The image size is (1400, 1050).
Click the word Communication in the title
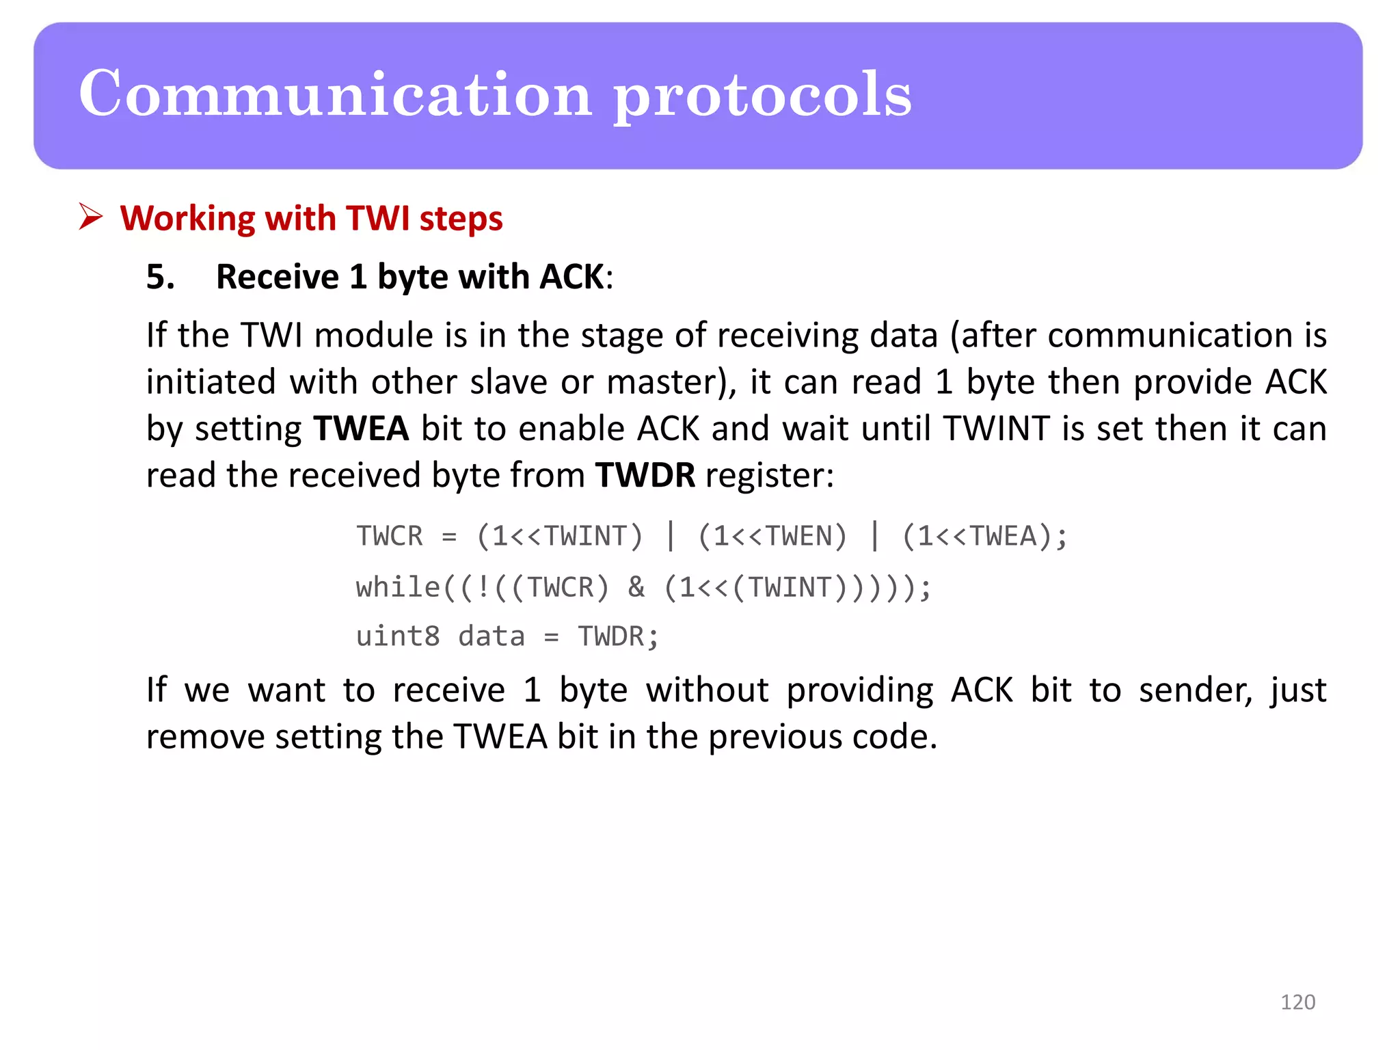(x=335, y=94)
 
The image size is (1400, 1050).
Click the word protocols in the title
(x=762, y=96)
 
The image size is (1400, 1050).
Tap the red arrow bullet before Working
(x=90, y=217)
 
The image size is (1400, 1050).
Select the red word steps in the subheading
(x=461, y=219)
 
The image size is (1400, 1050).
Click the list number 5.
(x=160, y=278)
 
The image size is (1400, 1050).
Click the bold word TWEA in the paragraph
(x=360, y=429)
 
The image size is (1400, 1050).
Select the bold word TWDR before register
(x=645, y=475)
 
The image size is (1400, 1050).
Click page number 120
(x=1297, y=1002)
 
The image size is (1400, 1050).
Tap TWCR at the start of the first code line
(x=390, y=537)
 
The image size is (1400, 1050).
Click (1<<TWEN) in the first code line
(x=772, y=537)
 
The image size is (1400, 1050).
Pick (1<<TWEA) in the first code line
(x=976, y=537)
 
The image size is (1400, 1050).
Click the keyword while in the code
(x=398, y=587)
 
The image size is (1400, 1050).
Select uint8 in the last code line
(x=398, y=636)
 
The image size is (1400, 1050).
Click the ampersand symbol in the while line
(x=636, y=587)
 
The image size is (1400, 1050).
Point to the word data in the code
(x=491, y=636)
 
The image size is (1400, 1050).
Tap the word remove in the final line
(x=205, y=737)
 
